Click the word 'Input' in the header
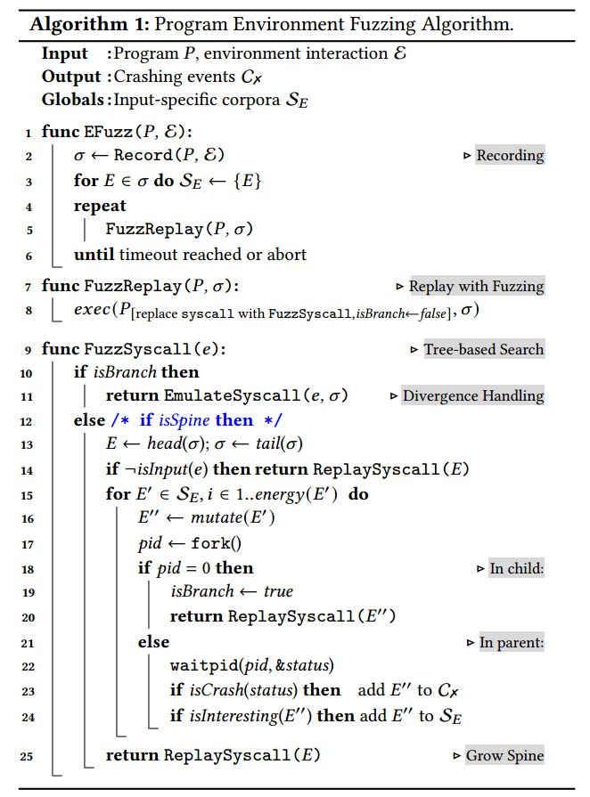tap(65, 54)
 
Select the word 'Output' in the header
tap(71, 77)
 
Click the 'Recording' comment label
tap(510, 156)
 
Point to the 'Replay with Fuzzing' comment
tap(476, 287)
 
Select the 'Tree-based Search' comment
tap(483, 349)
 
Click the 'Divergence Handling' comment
tap(472, 395)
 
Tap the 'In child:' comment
tap(516, 568)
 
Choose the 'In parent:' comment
tap(512, 642)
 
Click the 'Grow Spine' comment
tap(504, 756)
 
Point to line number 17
tap(26, 543)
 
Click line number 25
tap(26, 756)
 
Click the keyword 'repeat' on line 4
tap(100, 206)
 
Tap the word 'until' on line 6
tap(94, 255)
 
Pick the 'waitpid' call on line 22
tap(199, 666)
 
